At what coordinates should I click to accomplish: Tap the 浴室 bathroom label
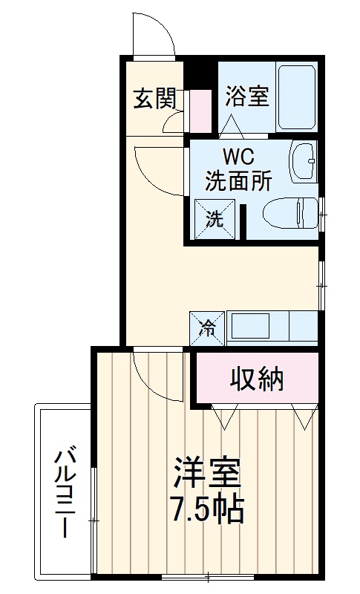click(246, 97)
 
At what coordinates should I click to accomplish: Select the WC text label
click(236, 158)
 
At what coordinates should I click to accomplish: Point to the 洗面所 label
click(237, 181)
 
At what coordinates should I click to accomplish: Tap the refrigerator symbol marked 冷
click(207, 327)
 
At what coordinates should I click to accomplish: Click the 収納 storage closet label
click(256, 379)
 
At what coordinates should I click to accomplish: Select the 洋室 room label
click(207, 474)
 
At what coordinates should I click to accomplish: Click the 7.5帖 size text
click(207, 510)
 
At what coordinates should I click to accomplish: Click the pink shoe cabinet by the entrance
click(198, 110)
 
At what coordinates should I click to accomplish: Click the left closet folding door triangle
click(223, 417)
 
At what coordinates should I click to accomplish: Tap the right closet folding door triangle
click(304, 417)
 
